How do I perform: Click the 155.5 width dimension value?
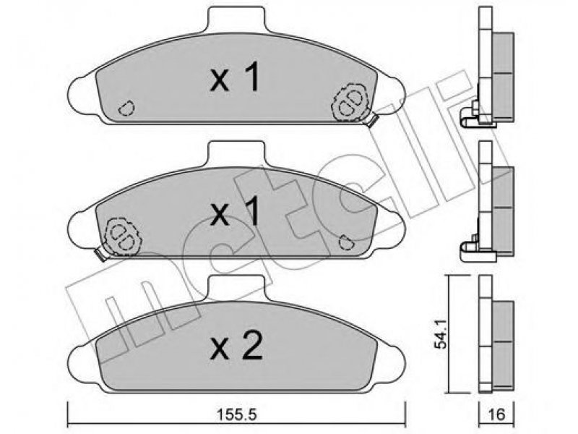[236, 414]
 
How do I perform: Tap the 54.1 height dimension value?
[441, 334]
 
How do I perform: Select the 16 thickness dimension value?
[496, 414]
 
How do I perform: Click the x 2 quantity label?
[236, 346]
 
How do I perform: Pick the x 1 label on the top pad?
[236, 77]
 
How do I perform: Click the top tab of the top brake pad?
[236, 20]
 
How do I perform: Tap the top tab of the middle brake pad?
[236, 153]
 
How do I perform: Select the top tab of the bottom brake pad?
[236, 287]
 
